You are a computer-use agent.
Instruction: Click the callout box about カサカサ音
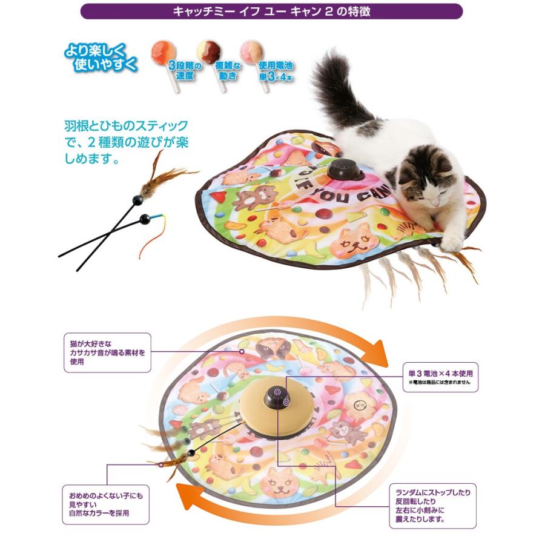[107, 352]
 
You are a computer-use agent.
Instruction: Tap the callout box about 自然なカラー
[107, 505]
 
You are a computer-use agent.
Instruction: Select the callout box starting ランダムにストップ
[433, 502]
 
